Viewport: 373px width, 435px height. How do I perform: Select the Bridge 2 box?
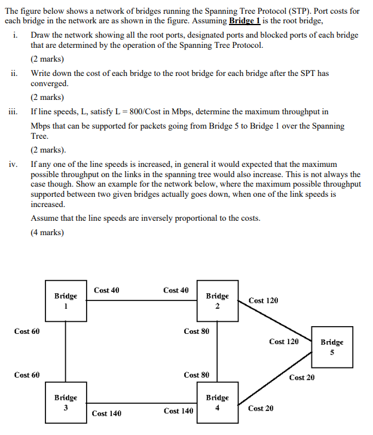(x=217, y=300)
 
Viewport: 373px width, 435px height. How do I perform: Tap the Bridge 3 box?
(x=65, y=402)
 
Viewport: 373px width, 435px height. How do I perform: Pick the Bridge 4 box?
(x=217, y=402)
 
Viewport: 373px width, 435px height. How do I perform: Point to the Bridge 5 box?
(x=332, y=346)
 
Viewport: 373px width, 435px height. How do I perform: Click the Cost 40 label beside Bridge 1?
(x=106, y=290)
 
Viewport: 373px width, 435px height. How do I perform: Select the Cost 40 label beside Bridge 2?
(x=176, y=290)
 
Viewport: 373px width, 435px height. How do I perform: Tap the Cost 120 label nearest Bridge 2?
(x=263, y=300)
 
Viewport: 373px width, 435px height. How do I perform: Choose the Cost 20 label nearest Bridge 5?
(x=302, y=378)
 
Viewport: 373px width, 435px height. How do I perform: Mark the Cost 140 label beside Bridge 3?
(x=106, y=413)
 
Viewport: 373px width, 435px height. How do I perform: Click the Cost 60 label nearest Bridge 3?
(x=27, y=375)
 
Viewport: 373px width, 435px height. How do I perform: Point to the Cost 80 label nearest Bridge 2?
(x=197, y=331)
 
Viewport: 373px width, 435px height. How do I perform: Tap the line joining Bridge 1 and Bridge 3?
(x=65, y=353)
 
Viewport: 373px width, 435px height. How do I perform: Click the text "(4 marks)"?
(x=47, y=233)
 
